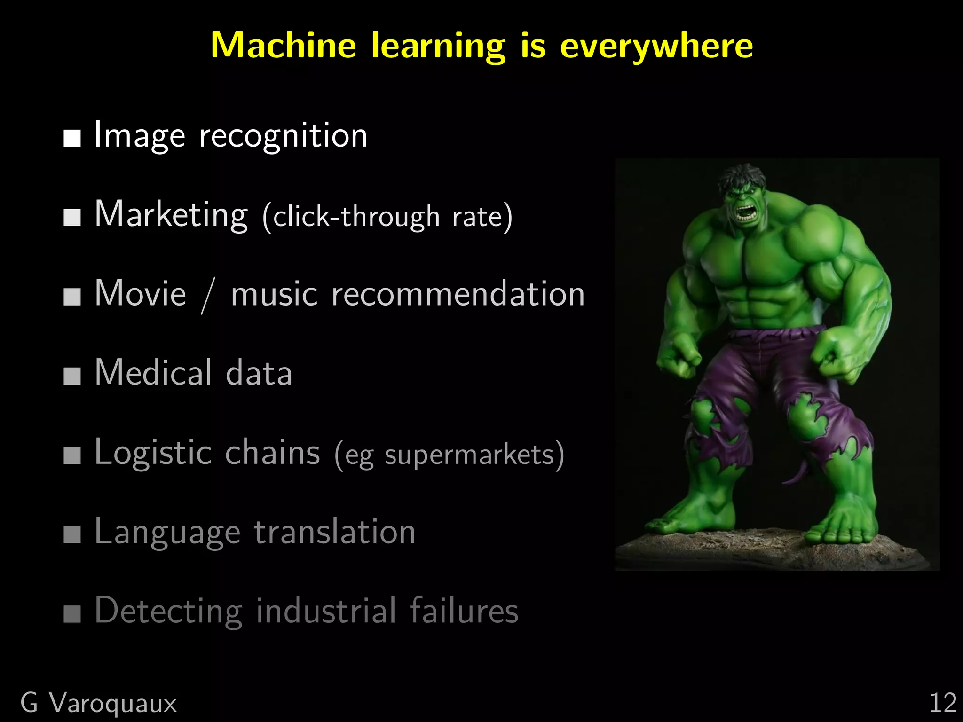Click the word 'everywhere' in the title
(656, 46)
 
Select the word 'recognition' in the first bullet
(283, 136)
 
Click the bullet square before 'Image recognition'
(72, 139)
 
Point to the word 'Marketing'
(171, 215)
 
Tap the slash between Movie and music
(208, 295)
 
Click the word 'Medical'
(154, 373)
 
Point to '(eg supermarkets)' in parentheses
(449, 455)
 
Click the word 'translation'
(335, 532)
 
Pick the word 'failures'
(464, 611)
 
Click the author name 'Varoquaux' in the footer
(113, 704)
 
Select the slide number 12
(943, 704)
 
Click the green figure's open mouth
(744, 214)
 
